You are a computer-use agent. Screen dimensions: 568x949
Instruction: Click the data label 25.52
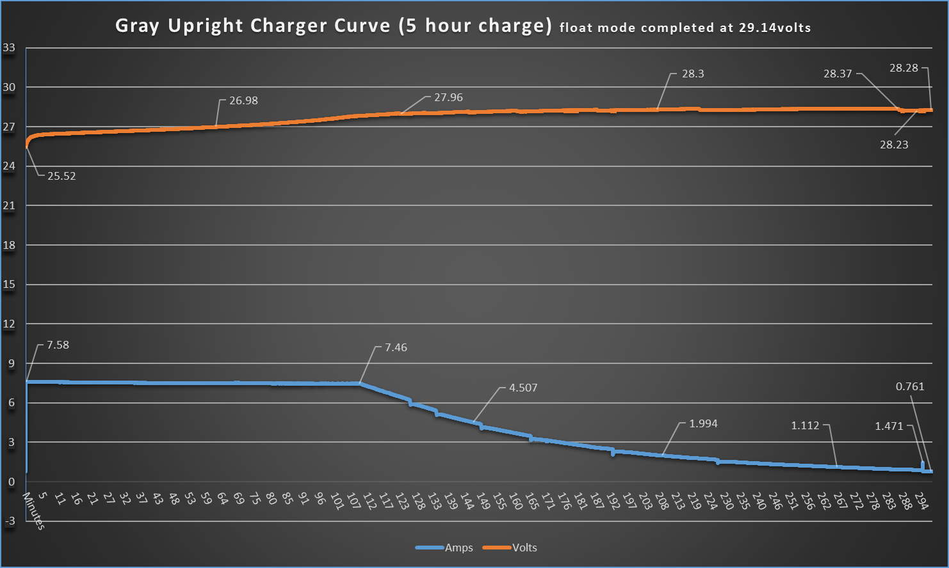click(x=61, y=176)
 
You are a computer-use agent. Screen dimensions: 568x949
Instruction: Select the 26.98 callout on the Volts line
click(x=243, y=100)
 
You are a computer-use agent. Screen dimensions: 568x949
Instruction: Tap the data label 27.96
click(x=448, y=97)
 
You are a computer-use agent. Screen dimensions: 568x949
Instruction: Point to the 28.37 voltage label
click(x=838, y=74)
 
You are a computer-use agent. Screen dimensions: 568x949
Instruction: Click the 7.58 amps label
click(x=58, y=345)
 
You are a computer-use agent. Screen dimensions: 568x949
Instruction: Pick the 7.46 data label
click(x=396, y=347)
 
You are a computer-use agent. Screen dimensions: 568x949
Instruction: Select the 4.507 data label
click(x=523, y=388)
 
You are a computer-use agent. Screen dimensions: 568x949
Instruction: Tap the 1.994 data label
click(x=703, y=423)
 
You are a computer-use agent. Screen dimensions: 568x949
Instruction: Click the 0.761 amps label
click(x=910, y=386)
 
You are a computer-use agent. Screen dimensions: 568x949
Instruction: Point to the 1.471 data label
click(x=889, y=426)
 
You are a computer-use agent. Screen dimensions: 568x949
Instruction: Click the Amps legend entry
click(x=458, y=548)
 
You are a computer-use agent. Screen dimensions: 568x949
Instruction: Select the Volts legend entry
click(x=524, y=548)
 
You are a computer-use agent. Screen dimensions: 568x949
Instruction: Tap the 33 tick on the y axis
click(x=9, y=47)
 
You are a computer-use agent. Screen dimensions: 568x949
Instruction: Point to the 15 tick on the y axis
click(x=9, y=285)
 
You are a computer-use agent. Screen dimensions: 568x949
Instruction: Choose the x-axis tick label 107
click(x=353, y=501)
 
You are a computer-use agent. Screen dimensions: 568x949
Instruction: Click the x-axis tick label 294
click(x=921, y=501)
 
